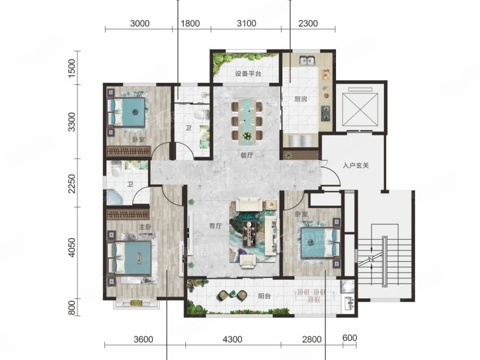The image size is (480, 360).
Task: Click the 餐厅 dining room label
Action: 246,155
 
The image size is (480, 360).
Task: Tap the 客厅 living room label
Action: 215,226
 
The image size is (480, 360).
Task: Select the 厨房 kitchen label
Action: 300,99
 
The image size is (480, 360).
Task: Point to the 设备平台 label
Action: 248,74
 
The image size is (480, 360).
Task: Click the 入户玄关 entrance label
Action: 356,166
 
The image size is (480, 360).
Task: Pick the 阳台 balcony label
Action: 264,296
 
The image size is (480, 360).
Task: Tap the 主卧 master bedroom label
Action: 145,227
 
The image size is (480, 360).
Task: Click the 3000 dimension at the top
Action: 139,24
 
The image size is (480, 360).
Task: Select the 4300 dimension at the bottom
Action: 232,340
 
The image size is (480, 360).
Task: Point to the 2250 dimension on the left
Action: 72,183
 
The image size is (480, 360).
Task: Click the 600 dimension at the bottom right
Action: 350,338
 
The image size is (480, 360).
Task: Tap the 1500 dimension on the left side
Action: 72,68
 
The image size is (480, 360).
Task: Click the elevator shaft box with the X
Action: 360,109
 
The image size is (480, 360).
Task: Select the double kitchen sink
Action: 307,60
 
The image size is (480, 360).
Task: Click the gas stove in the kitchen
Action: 325,113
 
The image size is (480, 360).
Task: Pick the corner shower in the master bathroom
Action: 115,197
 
